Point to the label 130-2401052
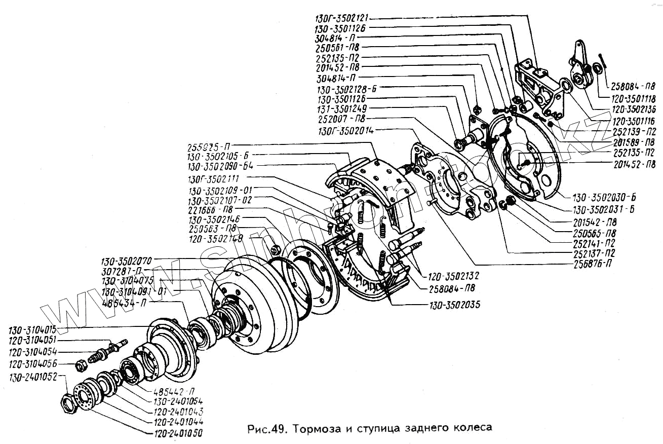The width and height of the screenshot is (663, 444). click(33, 377)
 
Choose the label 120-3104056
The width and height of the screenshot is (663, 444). click(33, 364)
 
